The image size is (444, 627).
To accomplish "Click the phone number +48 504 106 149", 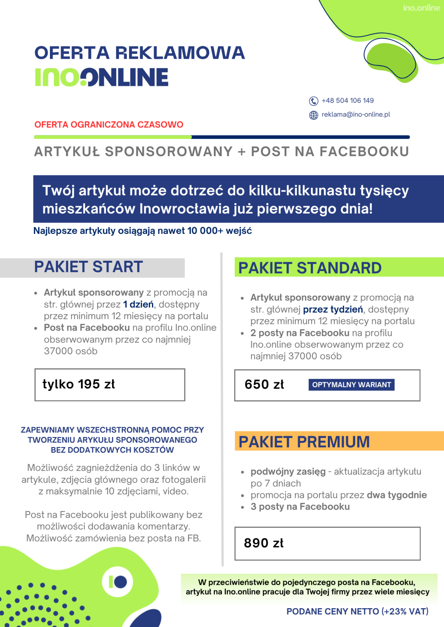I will coord(347,100).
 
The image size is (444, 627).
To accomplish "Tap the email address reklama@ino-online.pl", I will coord(356,115).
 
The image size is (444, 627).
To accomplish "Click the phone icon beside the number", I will coord(313,101).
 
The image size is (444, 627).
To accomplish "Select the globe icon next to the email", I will coord(313,115).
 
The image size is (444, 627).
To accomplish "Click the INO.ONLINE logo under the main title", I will coord(102,77).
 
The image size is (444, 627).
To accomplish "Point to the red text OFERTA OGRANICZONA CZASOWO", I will coord(109,125).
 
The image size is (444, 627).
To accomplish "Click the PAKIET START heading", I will coord(88,267).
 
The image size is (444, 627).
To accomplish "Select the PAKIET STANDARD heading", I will coord(310,268).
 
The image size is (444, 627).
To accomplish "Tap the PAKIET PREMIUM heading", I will coord(304,442).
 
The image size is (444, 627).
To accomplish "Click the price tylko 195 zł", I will coord(79,384).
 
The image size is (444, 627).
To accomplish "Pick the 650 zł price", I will coord(264,385).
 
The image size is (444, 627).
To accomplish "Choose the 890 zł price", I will coord(263,543).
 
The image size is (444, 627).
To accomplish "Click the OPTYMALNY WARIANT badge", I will coord(351,385).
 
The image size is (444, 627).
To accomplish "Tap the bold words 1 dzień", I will coord(138,304).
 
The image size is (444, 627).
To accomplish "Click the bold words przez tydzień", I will coord(333,309).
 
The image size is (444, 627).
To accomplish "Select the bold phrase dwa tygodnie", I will coord(397,495).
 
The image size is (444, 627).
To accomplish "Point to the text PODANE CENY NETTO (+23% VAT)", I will coord(357,611).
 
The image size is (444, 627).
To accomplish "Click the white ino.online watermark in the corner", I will coord(421,8).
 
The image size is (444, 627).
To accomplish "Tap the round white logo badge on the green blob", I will coord(118,582).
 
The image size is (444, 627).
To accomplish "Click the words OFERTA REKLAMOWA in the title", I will coord(139,53).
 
